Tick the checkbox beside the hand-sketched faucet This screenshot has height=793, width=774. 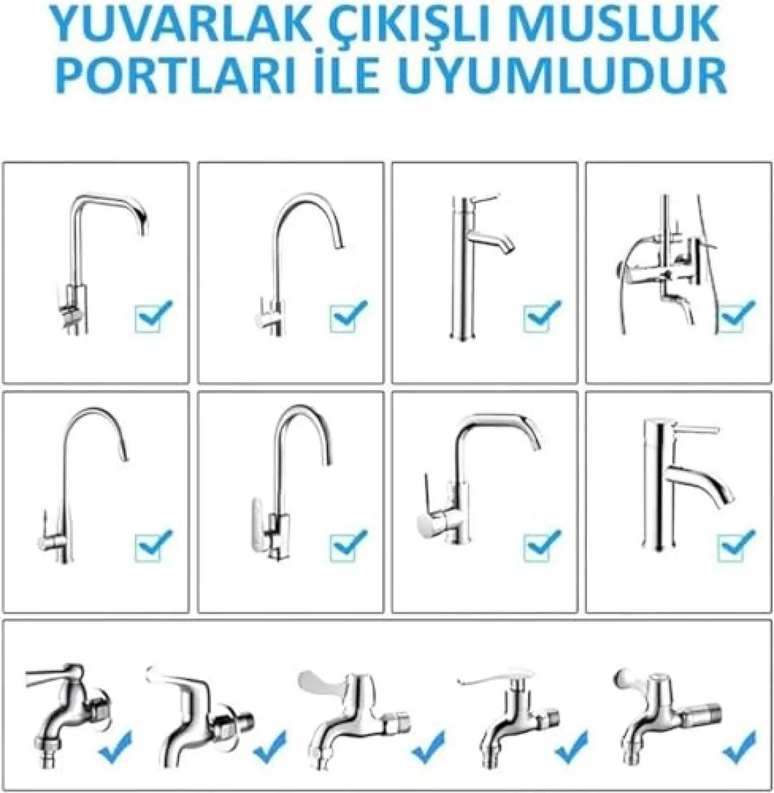(x=737, y=316)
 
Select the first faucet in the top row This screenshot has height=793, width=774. (x=100, y=263)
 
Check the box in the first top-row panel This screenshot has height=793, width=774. (x=153, y=316)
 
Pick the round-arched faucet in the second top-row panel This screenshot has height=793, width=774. (x=297, y=264)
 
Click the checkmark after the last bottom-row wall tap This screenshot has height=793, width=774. (x=740, y=747)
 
